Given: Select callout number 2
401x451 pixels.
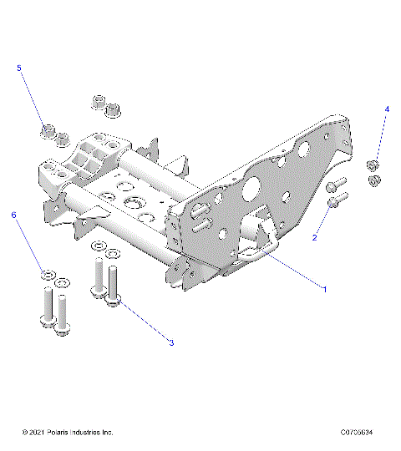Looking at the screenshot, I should pos(315,238).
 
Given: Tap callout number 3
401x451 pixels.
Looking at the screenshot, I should pos(171,342).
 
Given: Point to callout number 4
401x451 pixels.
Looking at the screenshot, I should pos(387,109).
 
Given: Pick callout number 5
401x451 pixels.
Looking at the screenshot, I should pos(18,68).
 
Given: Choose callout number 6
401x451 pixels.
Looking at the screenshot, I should pos(13,215).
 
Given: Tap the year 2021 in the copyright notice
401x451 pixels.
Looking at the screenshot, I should pos(33,432).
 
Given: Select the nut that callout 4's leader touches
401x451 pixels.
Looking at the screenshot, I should pos(373,165).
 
